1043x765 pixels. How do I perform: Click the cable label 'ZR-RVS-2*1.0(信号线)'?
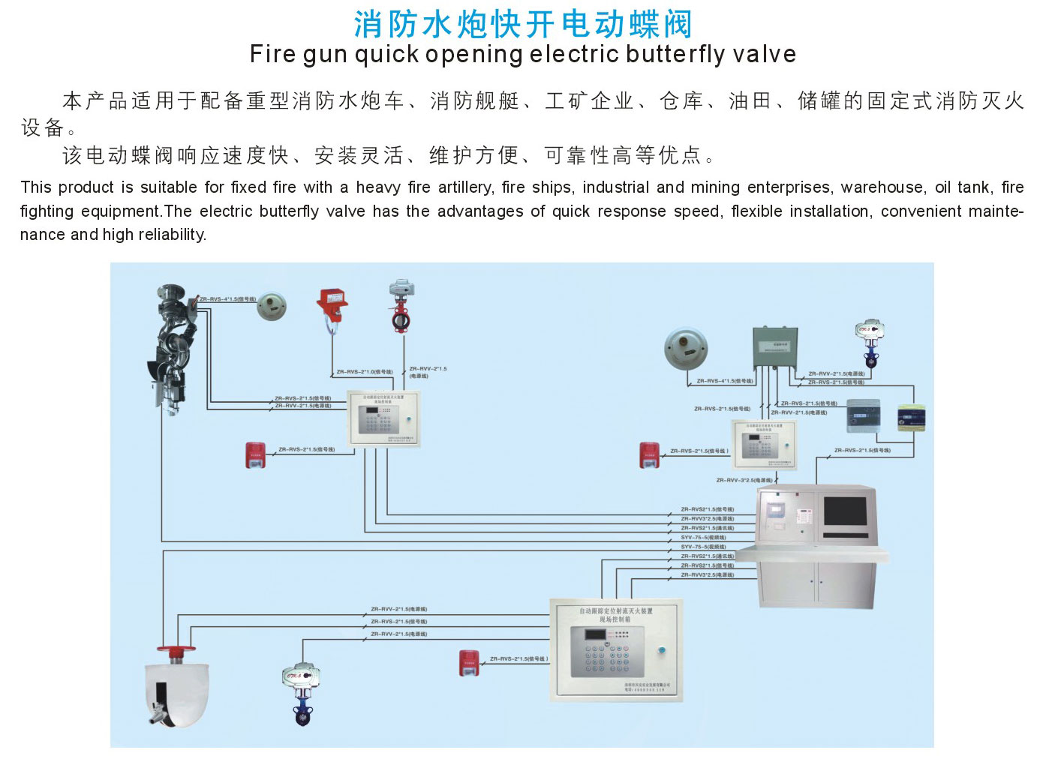point(364,372)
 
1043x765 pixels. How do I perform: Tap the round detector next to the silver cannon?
point(271,306)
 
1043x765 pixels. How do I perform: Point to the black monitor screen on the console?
point(845,511)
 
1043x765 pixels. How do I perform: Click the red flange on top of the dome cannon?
point(176,649)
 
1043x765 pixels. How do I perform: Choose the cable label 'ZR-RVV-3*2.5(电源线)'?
point(744,480)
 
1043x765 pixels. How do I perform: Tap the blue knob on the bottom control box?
point(662,650)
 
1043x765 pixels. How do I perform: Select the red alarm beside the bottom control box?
point(469,663)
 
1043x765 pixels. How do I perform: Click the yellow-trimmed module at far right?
point(912,418)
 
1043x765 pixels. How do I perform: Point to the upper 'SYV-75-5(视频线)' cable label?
point(703,538)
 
